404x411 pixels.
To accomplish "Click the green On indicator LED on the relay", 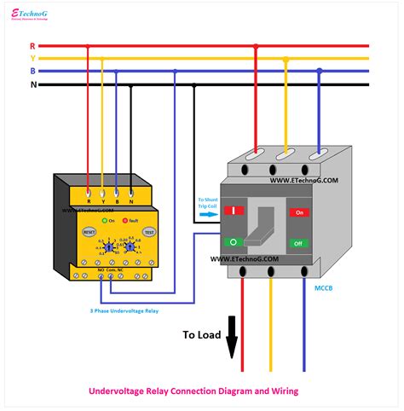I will pos(104,222).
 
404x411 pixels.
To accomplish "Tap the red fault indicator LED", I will pos(124,222).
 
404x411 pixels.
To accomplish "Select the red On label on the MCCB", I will pos(299,212).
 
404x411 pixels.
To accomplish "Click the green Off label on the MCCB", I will pos(299,243).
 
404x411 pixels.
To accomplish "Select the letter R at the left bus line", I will pos(32,45).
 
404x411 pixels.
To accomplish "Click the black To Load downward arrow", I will pos(231,346).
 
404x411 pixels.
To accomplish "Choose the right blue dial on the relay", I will pos(130,246).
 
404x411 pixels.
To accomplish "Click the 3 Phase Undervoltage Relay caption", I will pos(125,310).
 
